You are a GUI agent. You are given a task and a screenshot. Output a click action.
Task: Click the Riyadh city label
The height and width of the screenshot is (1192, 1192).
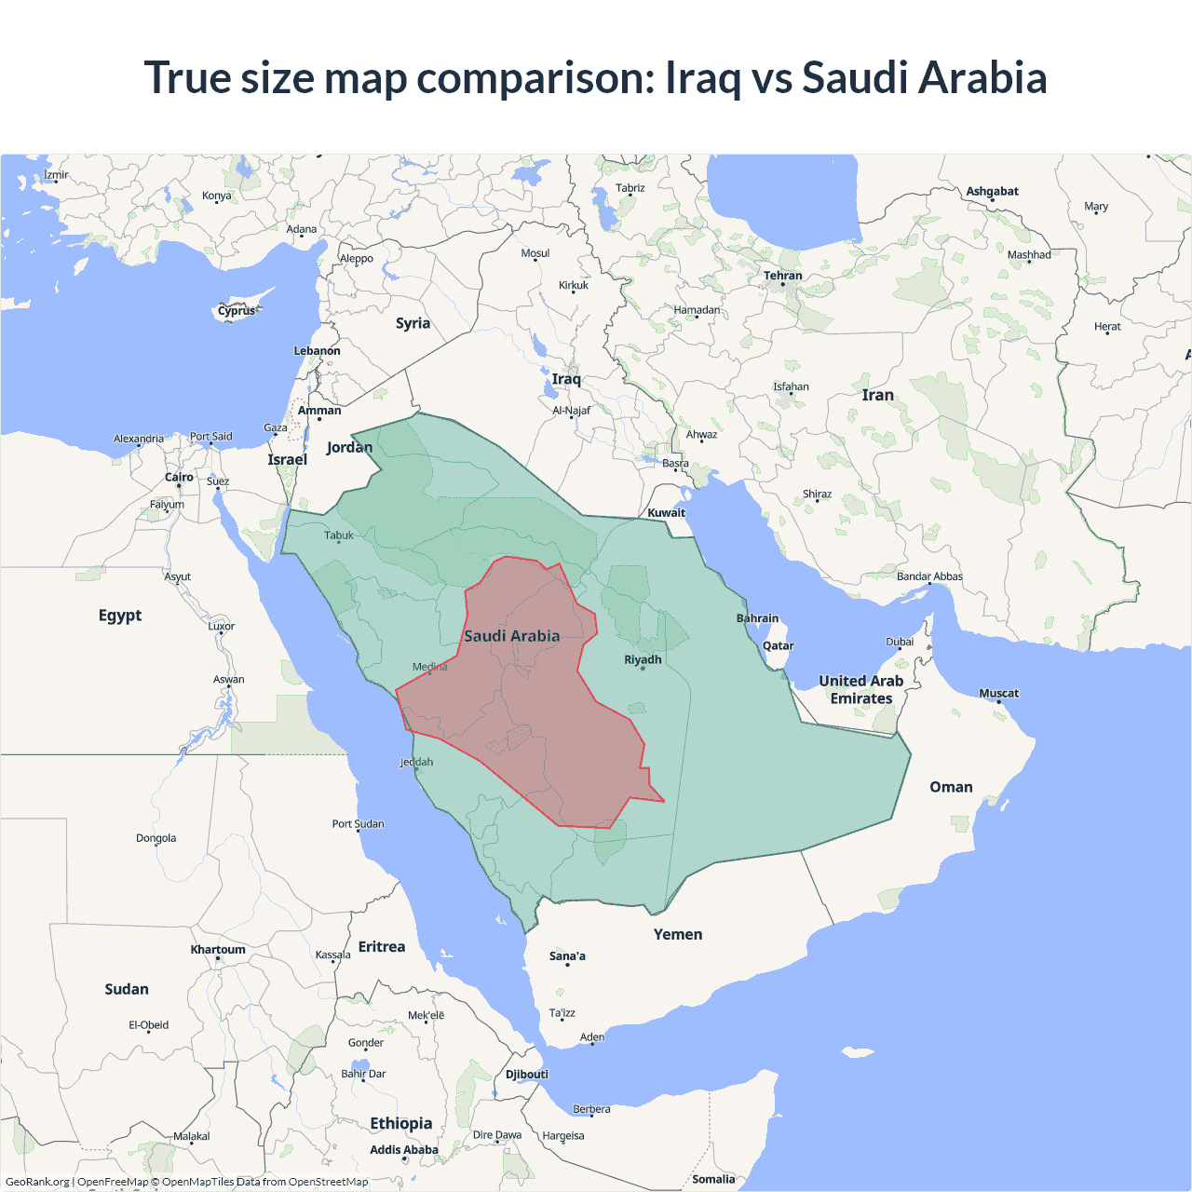[x=643, y=659]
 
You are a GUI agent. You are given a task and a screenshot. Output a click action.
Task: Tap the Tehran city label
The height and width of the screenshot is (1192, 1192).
[x=782, y=276]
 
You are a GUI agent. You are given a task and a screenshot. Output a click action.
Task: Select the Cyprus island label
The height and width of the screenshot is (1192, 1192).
[x=237, y=311]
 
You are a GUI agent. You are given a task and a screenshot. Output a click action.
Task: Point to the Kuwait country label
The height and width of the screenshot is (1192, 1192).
[x=666, y=512]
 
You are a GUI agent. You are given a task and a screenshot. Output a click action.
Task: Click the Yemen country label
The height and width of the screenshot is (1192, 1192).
[x=678, y=934]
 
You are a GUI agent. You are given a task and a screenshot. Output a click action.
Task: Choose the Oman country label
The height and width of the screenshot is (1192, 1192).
[x=951, y=787]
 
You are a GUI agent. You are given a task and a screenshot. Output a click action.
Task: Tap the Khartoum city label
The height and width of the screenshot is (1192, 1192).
[x=218, y=950]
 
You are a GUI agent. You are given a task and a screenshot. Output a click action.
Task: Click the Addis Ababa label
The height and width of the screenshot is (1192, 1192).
[x=403, y=1150]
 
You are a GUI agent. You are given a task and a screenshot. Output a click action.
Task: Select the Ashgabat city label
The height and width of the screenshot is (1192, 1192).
[x=992, y=191]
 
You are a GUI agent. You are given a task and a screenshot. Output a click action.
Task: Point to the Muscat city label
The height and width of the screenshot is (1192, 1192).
[x=998, y=693]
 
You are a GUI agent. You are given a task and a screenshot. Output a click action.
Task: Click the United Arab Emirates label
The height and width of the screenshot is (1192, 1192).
[x=861, y=690]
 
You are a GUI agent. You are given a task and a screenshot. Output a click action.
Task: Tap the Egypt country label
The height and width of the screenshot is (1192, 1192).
[x=120, y=616]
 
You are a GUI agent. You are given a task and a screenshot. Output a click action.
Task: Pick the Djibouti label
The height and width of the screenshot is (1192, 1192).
[x=527, y=1074]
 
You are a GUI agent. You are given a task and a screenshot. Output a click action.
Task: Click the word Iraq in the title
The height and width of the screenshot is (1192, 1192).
[x=702, y=77]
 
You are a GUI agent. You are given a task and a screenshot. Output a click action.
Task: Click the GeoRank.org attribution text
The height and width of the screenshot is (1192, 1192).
[x=37, y=1182]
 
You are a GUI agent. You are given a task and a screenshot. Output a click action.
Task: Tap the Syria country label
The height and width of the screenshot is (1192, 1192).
[x=413, y=323]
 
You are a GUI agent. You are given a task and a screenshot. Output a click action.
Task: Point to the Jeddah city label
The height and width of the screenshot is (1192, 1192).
[x=416, y=762]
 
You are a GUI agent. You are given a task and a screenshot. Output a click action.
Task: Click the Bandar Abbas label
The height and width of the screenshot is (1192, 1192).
[x=929, y=576]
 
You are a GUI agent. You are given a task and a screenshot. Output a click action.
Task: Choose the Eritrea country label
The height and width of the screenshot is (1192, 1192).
[x=382, y=947]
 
